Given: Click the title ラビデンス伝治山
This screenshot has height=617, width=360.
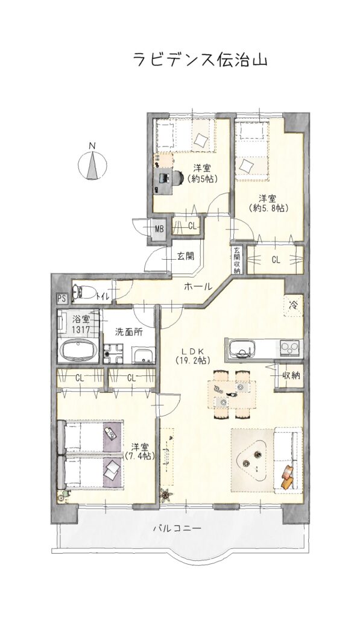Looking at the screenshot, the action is pos(200,61).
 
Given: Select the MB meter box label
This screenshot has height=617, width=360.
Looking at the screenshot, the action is pos(159,228).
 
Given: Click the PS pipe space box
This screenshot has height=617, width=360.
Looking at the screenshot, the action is pos(61,298).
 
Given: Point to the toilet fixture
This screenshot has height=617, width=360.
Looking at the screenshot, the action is pos(86,292).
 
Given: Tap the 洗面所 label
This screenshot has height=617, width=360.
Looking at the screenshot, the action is pos(129,331).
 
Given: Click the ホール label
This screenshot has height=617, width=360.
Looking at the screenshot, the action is pos(198,287).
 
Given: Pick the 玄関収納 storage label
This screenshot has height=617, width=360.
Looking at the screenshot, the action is pos(236,260).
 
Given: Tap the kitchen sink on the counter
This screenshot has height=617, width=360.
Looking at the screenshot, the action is pos(241,349).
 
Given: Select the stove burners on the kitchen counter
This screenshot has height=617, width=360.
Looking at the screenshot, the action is pos(291,348).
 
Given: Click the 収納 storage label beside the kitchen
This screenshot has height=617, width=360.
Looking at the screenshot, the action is pos(291,376).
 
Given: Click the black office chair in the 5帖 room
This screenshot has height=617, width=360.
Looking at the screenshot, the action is pos(179,177).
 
